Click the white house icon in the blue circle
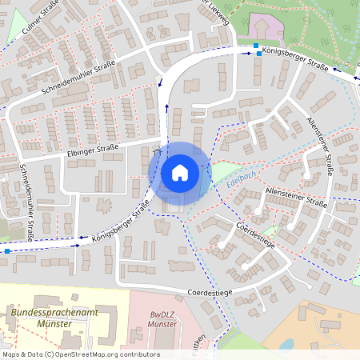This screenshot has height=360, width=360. click(x=179, y=172)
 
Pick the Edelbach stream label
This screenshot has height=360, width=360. click(x=241, y=180)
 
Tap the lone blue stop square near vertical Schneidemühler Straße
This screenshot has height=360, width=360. click(x=7, y=251)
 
